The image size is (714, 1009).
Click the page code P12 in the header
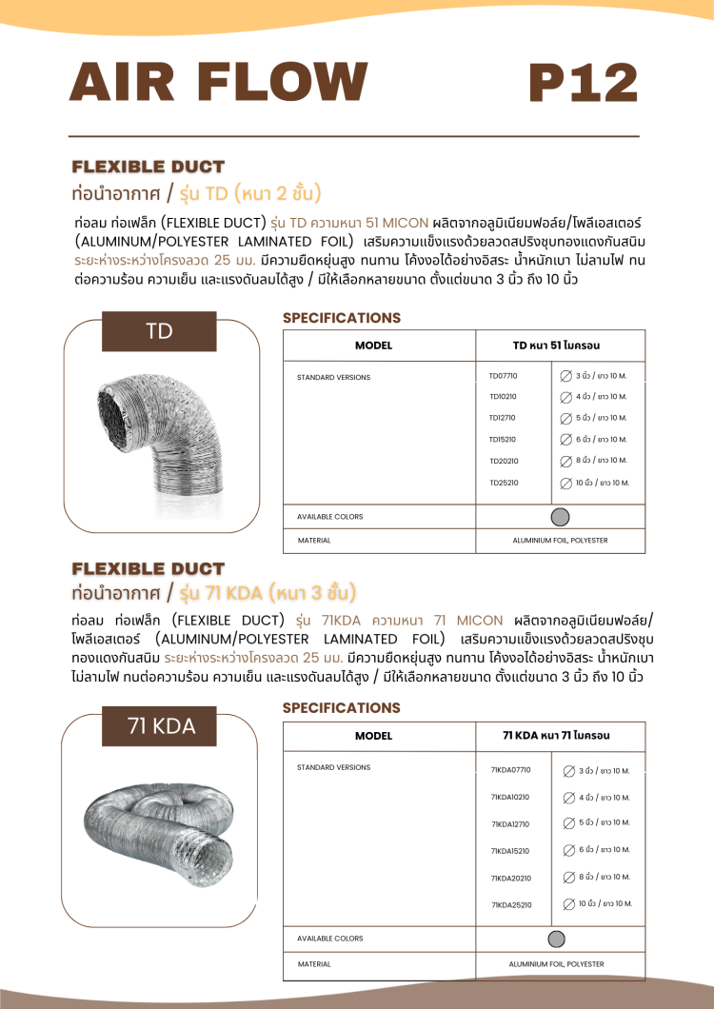pos(583,82)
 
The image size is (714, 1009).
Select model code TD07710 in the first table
pos(504,376)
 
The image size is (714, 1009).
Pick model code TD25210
pos(504,483)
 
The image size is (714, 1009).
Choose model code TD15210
pos(504,440)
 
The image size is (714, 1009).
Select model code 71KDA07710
pos(510,770)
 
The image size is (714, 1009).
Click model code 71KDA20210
pos(510,878)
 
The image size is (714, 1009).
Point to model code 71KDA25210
pos(510,904)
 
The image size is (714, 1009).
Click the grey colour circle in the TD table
pos(561,517)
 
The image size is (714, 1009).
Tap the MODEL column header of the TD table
pos(373,346)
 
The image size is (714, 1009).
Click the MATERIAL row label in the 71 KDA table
pos(314,964)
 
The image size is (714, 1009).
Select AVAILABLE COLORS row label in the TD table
pos(330,517)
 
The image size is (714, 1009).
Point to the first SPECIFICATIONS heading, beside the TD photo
pos(342,318)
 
